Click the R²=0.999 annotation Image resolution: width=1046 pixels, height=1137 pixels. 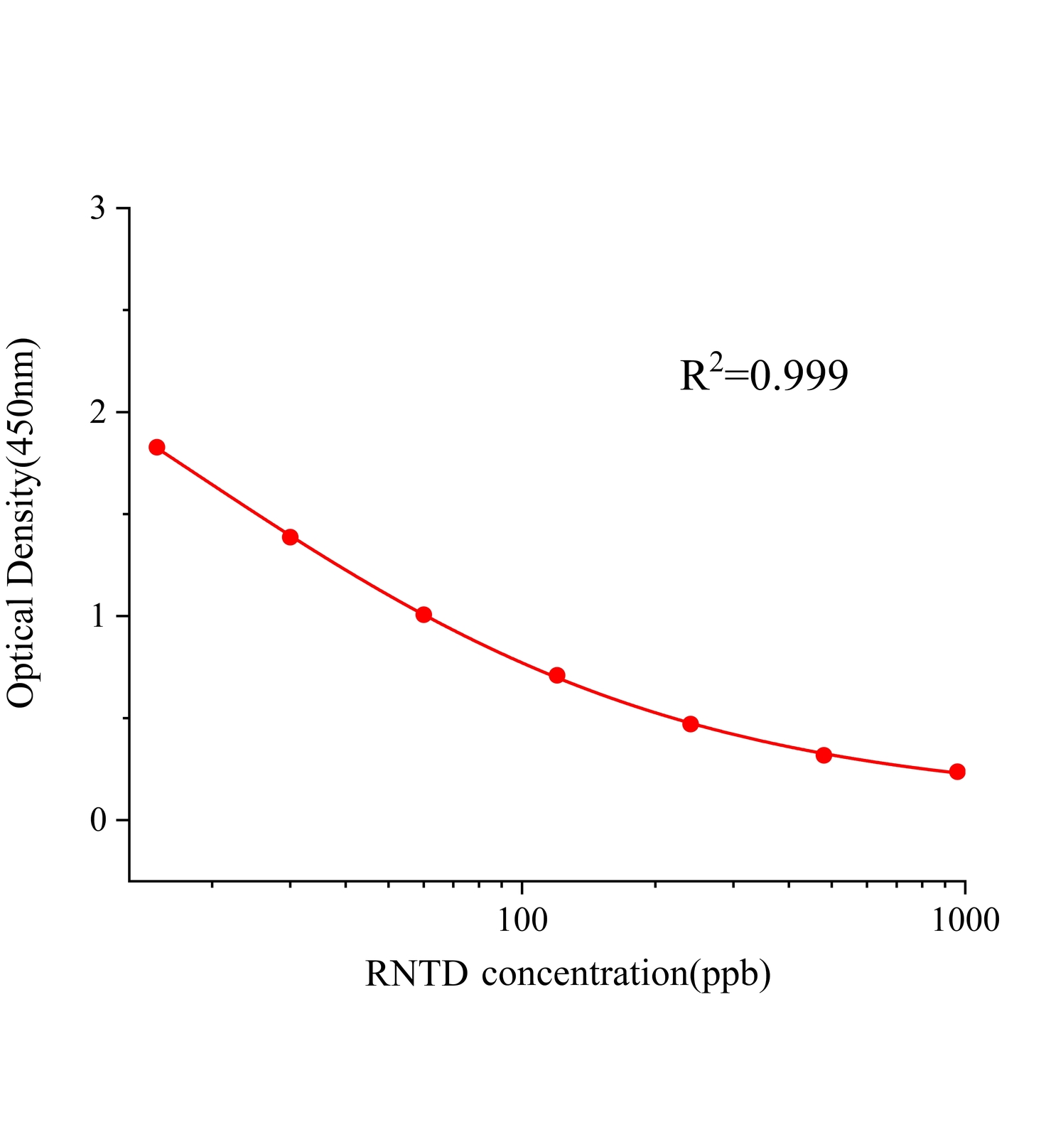[x=764, y=375]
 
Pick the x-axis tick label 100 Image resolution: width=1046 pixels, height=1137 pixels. [x=522, y=920]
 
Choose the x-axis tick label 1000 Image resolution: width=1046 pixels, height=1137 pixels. [x=964, y=920]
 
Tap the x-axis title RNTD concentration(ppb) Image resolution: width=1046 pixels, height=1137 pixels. [x=568, y=974]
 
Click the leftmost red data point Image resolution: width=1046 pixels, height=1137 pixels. [x=157, y=447]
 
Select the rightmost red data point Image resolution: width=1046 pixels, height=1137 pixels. [x=957, y=772]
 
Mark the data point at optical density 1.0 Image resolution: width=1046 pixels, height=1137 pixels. [x=424, y=615]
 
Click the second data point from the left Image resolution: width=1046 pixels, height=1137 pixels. [x=290, y=537]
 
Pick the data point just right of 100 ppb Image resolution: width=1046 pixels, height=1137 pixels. [x=557, y=675]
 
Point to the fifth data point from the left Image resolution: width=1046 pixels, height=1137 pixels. [x=690, y=724]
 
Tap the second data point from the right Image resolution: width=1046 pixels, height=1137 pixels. [x=824, y=755]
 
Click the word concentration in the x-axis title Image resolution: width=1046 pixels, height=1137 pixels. [x=583, y=974]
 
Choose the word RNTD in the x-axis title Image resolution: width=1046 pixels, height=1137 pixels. [x=416, y=974]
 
